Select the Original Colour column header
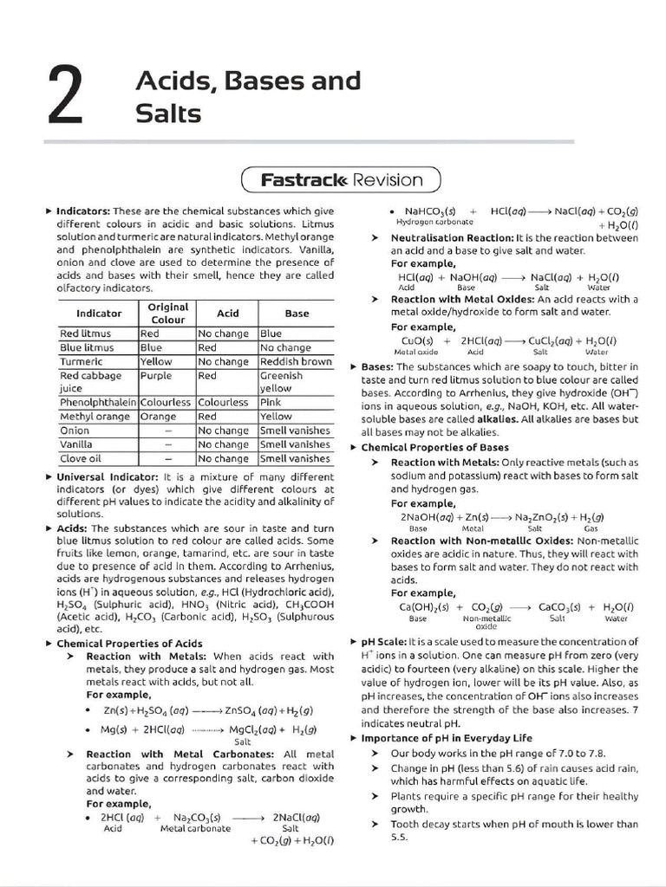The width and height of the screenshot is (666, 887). coord(168,313)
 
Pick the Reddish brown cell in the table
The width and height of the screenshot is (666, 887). coord(296,361)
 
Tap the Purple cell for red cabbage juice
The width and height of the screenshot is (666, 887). coord(156,375)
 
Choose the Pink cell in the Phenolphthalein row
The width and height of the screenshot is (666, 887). coord(271,403)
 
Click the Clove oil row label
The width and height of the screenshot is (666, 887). coord(81,458)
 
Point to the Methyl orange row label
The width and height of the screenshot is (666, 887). coord(95,417)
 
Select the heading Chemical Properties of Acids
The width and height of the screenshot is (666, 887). coord(129,644)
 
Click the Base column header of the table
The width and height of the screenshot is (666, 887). coord(297,313)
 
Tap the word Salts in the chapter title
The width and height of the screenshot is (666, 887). coord(168,113)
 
